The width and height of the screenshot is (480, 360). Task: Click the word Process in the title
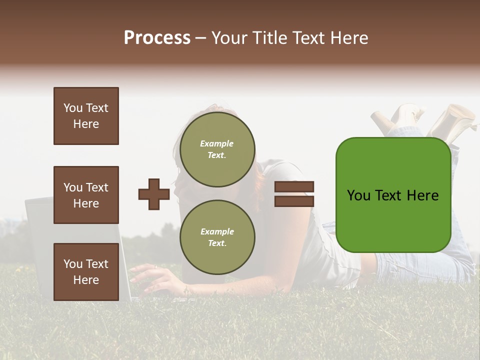click(x=157, y=38)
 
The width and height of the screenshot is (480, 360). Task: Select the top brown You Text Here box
click(x=86, y=116)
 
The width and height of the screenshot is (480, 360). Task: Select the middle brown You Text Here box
click(x=86, y=195)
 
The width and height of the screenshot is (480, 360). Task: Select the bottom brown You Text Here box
click(x=86, y=272)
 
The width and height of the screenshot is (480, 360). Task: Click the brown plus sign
click(x=154, y=194)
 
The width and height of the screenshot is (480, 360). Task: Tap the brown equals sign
click(x=294, y=194)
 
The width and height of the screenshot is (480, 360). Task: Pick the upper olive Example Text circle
click(x=217, y=149)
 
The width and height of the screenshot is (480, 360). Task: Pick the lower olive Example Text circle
click(x=217, y=237)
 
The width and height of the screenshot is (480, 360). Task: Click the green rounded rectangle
click(x=393, y=195)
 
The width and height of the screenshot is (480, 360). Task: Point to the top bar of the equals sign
click(x=294, y=187)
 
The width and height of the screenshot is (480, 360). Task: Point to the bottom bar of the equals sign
click(x=294, y=201)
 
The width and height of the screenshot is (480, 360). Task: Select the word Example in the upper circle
click(x=217, y=143)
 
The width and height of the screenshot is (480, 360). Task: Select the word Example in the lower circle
click(x=217, y=231)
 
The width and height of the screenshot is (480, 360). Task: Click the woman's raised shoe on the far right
click(x=455, y=120)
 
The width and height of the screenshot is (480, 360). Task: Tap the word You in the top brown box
click(x=72, y=108)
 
